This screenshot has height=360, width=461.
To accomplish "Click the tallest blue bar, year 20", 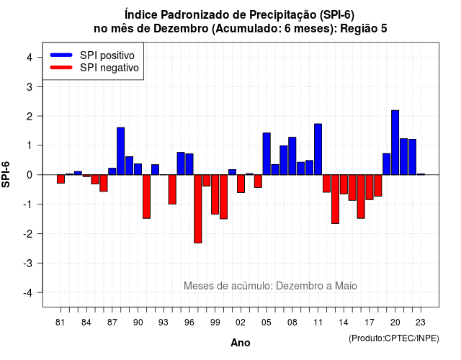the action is [395, 143].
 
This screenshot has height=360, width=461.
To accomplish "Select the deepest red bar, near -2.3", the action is [198, 209].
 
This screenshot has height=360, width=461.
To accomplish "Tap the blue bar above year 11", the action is [318, 149].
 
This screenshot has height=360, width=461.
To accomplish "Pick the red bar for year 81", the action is [61, 179].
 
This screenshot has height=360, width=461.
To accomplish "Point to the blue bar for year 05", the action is [267, 153].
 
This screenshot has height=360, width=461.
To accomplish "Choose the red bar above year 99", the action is [215, 194].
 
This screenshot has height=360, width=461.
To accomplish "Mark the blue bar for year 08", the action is [292, 156].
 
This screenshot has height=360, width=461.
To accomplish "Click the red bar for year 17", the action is [370, 187].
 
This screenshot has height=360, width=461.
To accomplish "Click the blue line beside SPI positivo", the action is [61, 55].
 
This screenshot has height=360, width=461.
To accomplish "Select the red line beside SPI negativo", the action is [61, 68].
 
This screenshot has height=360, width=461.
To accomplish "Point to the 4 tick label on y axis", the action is [30, 58].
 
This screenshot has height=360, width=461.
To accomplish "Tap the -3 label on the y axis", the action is [28, 264].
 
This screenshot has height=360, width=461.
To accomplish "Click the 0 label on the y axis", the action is [30, 175].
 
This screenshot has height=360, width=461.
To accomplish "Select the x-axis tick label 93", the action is [164, 323].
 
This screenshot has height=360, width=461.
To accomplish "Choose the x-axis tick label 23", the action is [421, 323].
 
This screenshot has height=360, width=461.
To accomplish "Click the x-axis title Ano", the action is [241, 343].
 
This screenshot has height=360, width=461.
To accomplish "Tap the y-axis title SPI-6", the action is [6, 174].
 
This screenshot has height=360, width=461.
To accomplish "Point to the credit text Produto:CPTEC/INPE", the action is [394, 338].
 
